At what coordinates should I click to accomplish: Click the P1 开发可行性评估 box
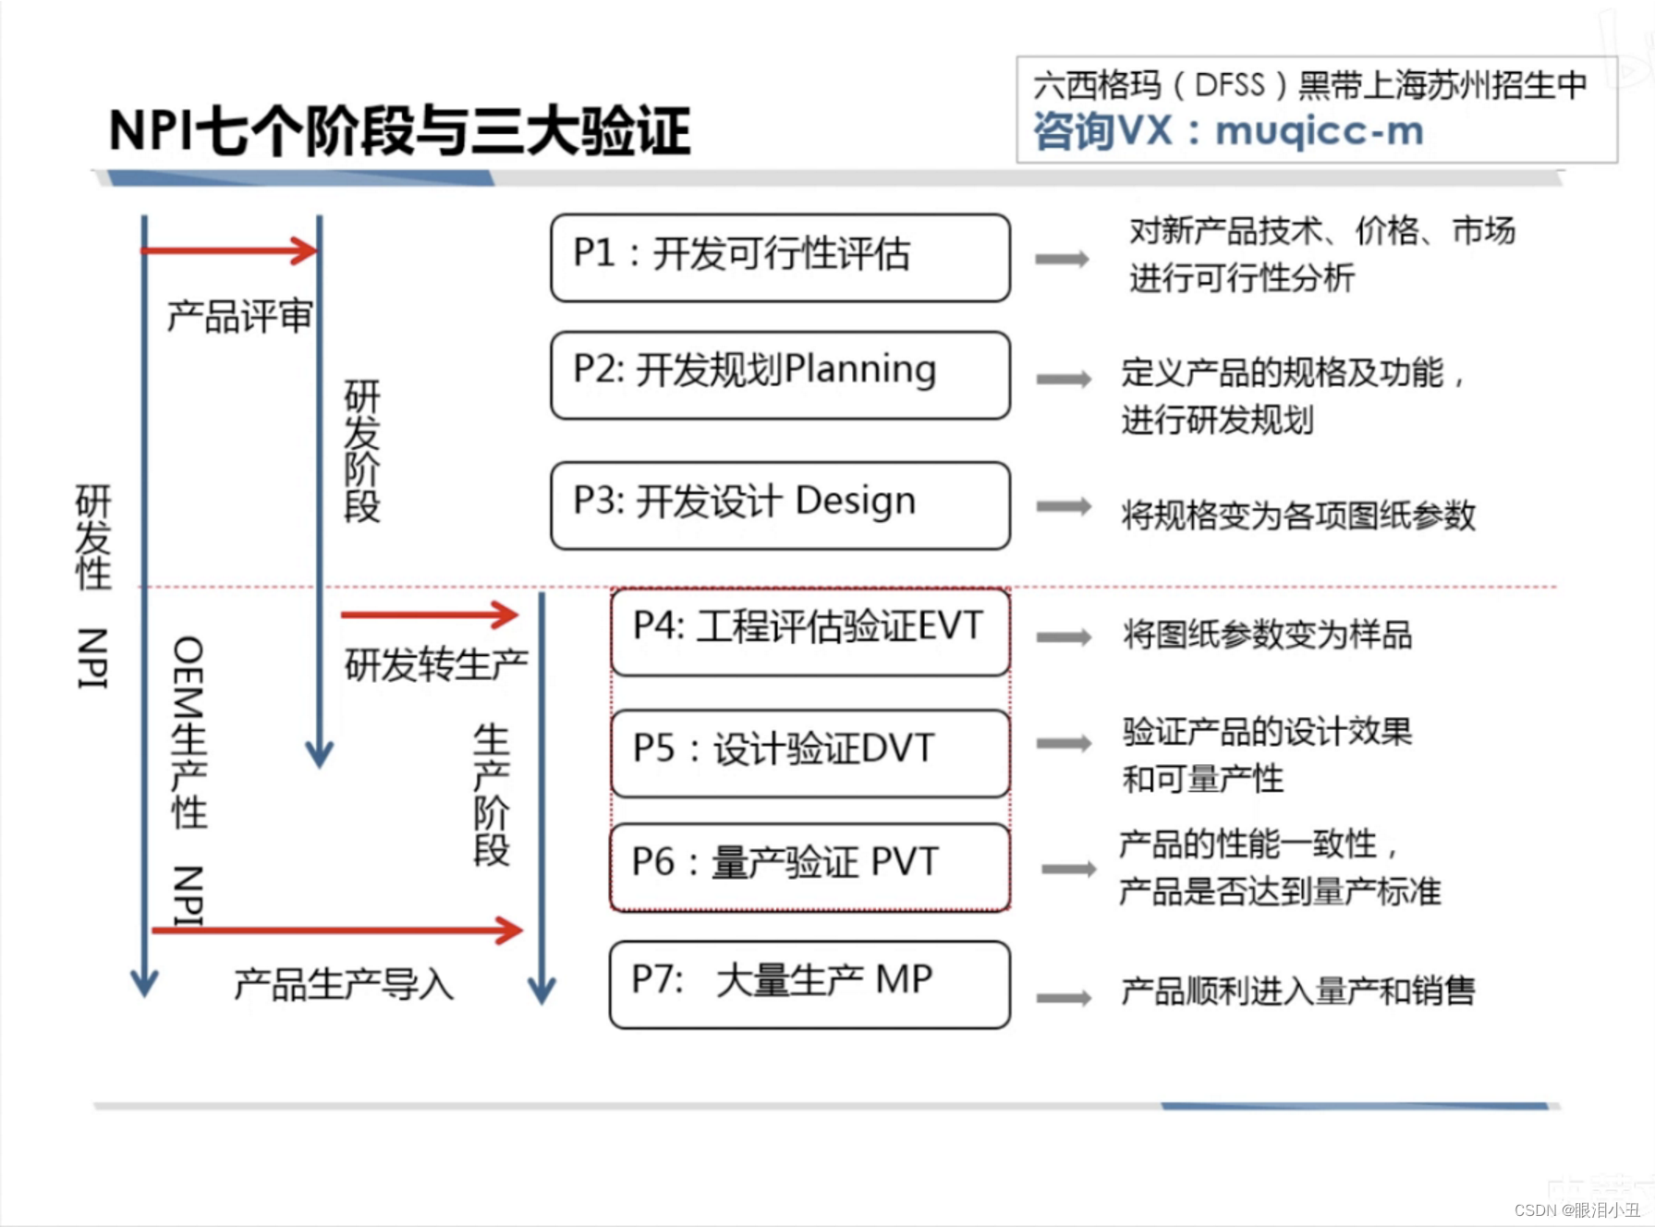click(x=780, y=257)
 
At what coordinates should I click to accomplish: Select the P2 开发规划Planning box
click(x=780, y=374)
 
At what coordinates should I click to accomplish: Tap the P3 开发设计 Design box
click(x=780, y=504)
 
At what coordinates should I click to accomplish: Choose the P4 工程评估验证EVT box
click(x=809, y=631)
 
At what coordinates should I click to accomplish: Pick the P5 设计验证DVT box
click(x=809, y=752)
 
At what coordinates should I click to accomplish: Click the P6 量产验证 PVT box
click(x=809, y=866)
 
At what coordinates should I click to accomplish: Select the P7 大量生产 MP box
click(x=809, y=983)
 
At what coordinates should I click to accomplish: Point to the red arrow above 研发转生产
click(x=429, y=614)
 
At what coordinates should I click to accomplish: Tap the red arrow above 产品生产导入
click(x=337, y=929)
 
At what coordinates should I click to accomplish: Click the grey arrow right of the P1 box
click(x=1062, y=259)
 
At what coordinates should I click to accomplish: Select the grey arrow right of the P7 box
click(x=1064, y=997)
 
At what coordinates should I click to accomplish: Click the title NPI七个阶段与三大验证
click(x=399, y=130)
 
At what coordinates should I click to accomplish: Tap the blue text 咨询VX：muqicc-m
click(x=1228, y=131)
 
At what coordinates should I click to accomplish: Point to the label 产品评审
click(x=239, y=317)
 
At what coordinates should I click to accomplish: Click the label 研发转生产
click(x=436, y=664)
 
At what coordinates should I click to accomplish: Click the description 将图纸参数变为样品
click(x=1267, y=635)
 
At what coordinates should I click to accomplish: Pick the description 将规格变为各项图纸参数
click(x=1298, y=516)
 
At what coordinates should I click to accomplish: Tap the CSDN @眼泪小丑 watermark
click(x=1576, y=1209)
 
